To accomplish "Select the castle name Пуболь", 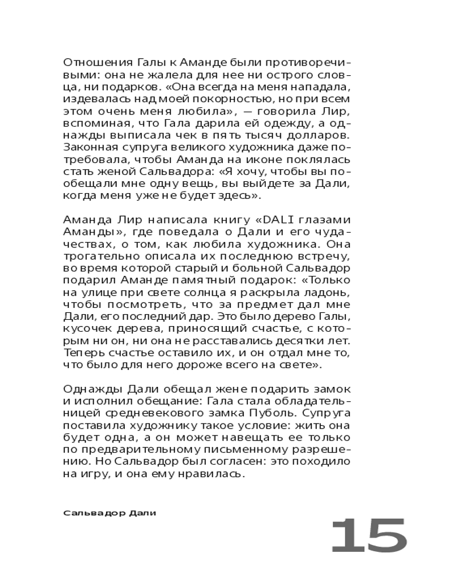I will (x=267, y=412).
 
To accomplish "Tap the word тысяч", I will (x=261, y=136).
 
